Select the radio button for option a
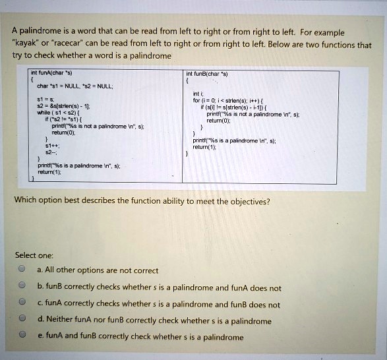click(x=22, y=270)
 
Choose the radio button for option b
click(x=22, y=287)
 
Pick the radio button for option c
click(x=22, y=304)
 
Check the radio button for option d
click(x=22, y=320)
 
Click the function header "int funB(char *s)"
click(x=208, y=73)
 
